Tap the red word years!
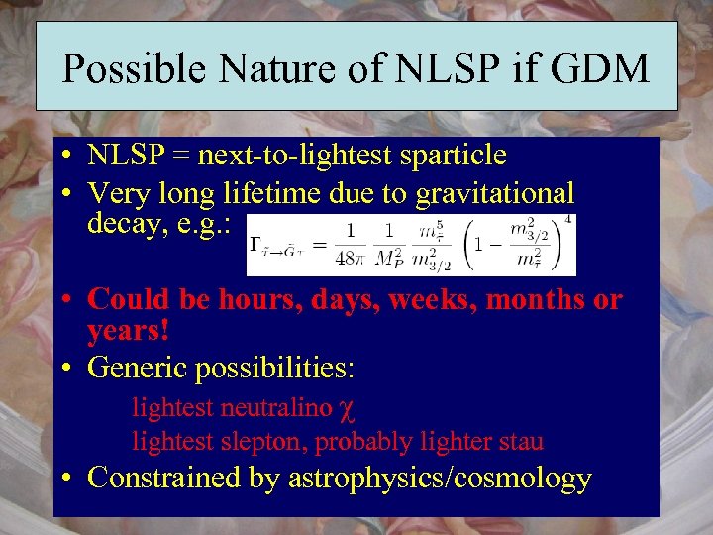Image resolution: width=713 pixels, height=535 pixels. pos(129,330)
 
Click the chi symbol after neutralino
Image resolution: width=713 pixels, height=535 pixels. pos(342,409)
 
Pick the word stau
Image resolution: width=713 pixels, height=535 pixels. pos(521,441)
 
